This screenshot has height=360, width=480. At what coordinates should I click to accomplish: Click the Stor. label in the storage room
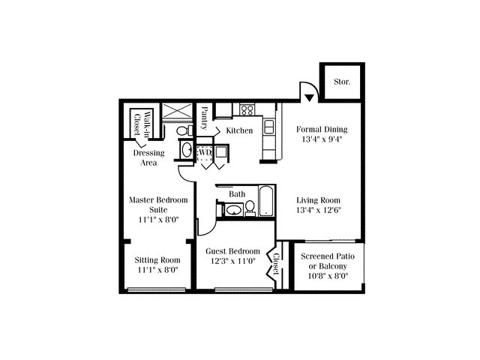pyautogui.click(x=342, y=82)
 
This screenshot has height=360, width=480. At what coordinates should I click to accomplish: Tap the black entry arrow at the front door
pyautogui.click(x=309, y=98)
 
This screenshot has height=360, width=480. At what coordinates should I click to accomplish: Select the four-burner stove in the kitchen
pyautogui.click(x=247, y=109)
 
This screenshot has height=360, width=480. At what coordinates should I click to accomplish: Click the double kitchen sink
pyautogui.click(x=268, y=127)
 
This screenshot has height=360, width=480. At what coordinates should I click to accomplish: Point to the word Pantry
pyautogui.click(x=205, y=118)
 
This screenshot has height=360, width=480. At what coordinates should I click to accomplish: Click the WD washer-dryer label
pyautogui.click(x=205, y=152)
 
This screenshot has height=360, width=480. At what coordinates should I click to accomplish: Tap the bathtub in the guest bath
pyautogui.click(x=266, y=200)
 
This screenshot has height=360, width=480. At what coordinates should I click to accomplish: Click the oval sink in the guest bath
pyautogui.click(x=234, y=210)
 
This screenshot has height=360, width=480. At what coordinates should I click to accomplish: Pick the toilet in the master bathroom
pyautogui.click(x=184, y=130)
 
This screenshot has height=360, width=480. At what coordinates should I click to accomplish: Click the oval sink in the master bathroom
pyautogui.click(x=187, y=149)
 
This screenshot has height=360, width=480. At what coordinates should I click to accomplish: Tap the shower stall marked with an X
pyautogui.click(x=177, y=110)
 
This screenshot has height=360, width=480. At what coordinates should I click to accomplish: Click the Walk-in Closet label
pyautogui.click(x=143, y=123)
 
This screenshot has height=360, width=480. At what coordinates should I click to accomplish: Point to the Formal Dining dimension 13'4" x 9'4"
pyautogui.click(x=322, y=139)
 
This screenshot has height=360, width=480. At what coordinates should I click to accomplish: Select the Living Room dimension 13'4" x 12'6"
pyautogui.click(x=319, y=210)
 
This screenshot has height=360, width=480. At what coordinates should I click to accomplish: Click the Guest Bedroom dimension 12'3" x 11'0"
pyautogui.click(x=233, y=261)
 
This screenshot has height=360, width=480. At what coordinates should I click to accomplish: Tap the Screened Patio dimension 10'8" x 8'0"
pyautogui.click(x=328, y=276)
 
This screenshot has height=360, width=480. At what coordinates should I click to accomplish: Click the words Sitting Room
pyautogui.click(x=157, y=260)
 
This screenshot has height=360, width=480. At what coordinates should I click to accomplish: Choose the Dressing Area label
pyautogui.click(x=148, y=157)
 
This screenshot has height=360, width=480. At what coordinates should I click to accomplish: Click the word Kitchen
pyautogui.click(x=239, y=130)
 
